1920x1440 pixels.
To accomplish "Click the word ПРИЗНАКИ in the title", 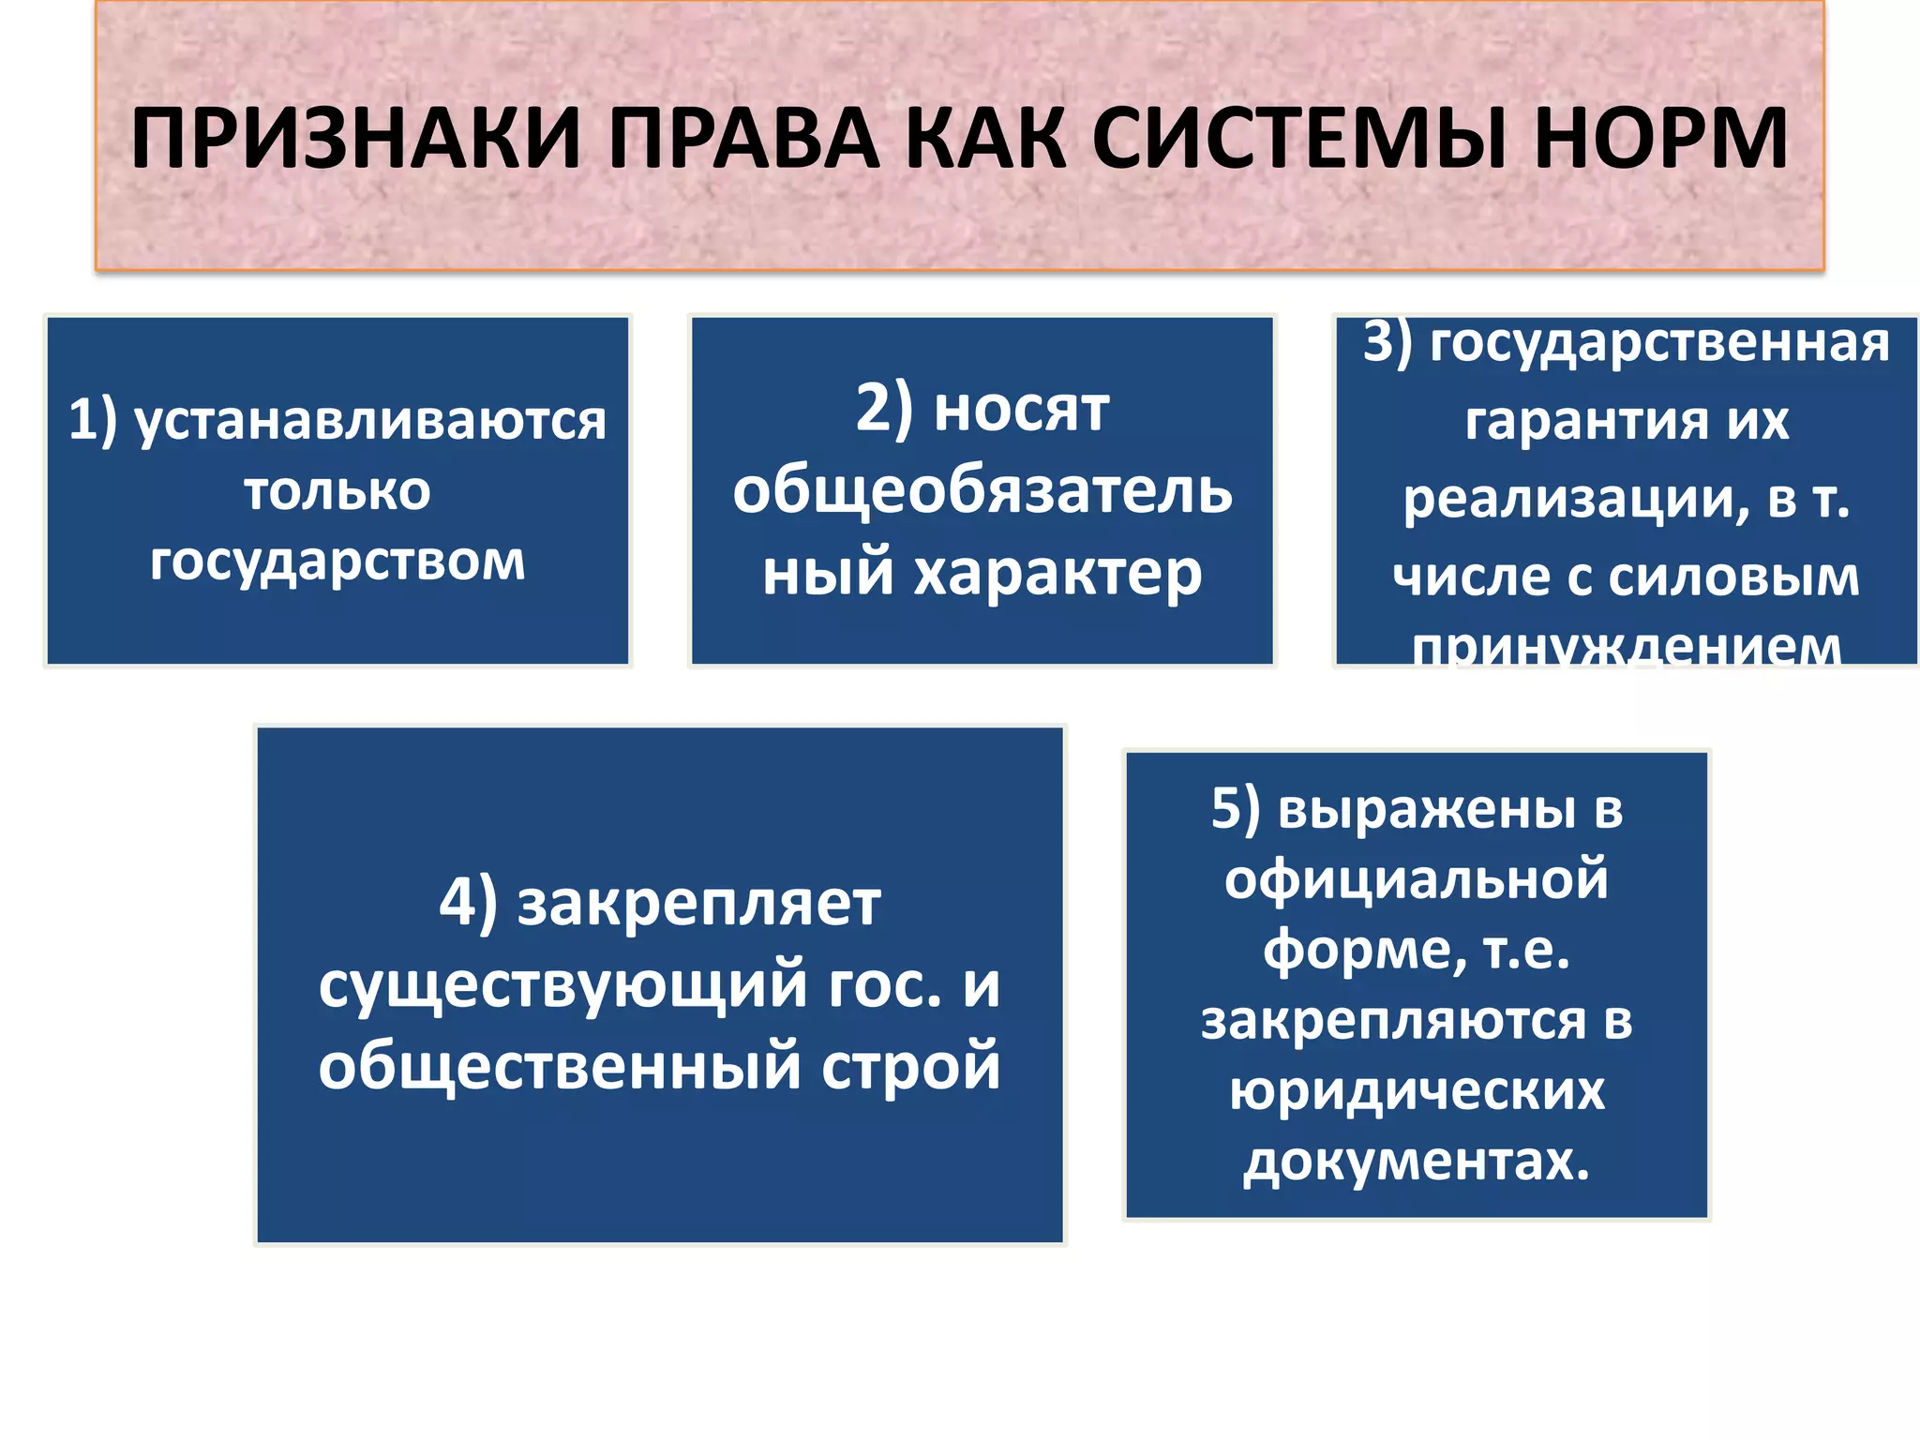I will point(355,139).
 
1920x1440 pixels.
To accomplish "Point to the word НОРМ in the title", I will point(1660,139).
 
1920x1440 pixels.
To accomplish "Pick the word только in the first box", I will point(337,490).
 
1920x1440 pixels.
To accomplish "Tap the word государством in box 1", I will point(337,562).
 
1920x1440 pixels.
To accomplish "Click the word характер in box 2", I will point(1057,574).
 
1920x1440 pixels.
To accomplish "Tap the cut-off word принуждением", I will point(1627,647).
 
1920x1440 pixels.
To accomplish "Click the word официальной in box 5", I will point(1417,879).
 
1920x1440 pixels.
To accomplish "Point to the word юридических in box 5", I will point(1417,1090).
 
